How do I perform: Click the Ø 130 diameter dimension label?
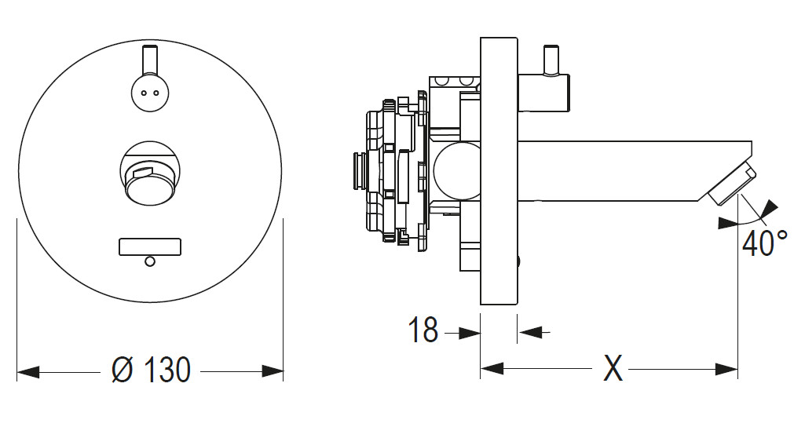pos(151,370)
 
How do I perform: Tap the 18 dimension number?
pos(423,331)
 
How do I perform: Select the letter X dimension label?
pos(612,368)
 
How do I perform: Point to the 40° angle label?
pos(764,243)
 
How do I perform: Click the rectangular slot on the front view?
pos(150,246)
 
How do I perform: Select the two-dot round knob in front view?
pos(150,91)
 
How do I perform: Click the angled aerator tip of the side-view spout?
pos(730,186)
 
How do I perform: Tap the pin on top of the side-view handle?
pos(551,58)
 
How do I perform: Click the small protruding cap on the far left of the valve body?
pos(358,170)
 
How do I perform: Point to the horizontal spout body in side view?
pos(628,169)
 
